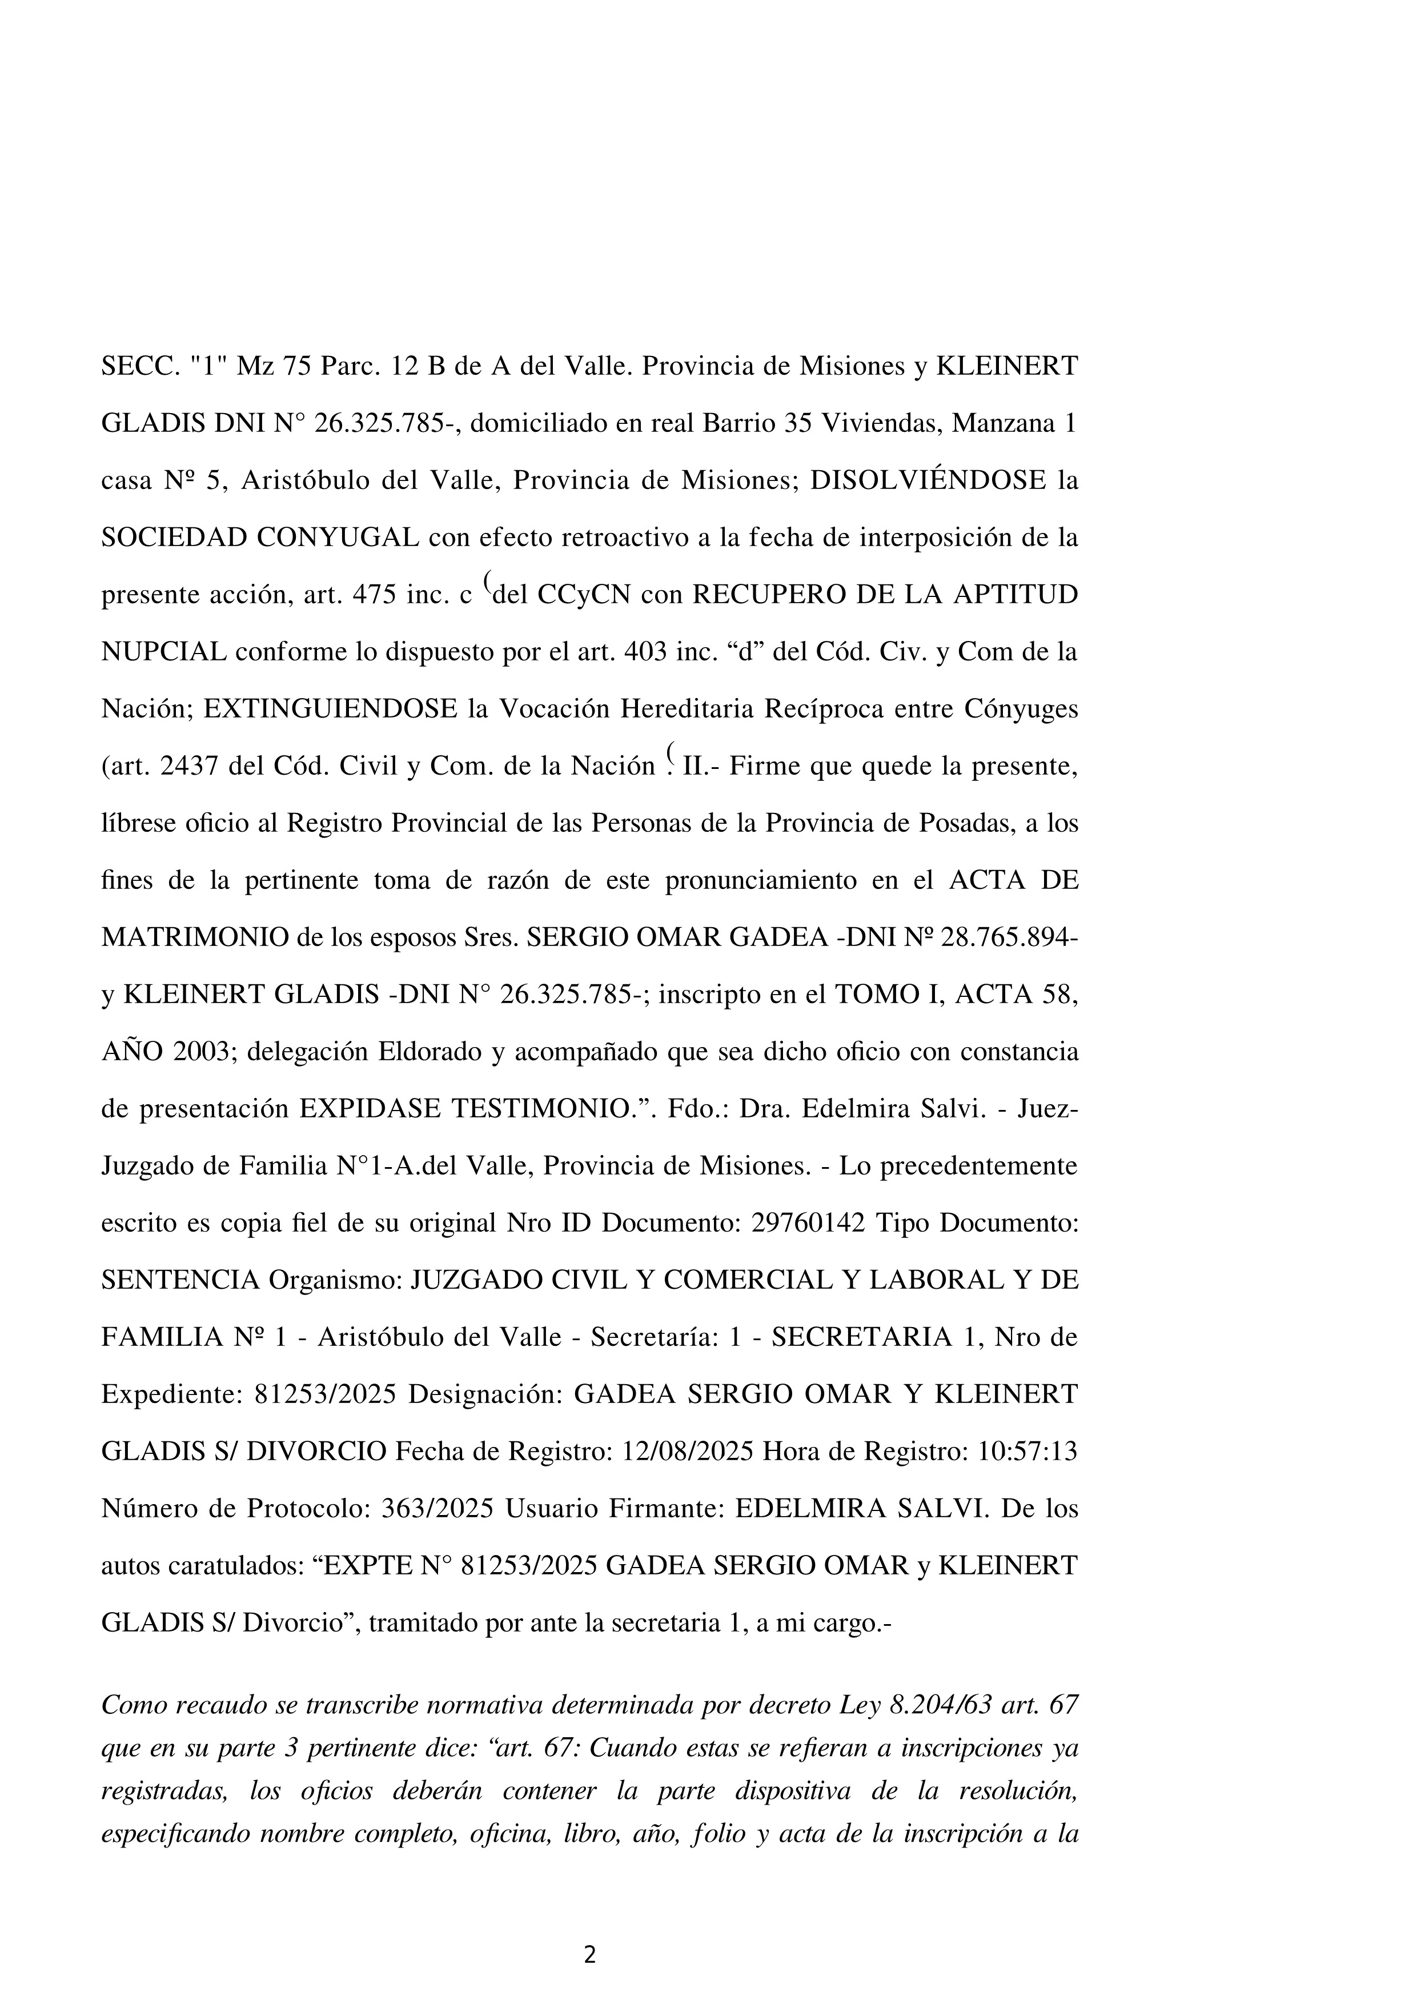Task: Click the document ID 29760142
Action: coord(807,1224)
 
